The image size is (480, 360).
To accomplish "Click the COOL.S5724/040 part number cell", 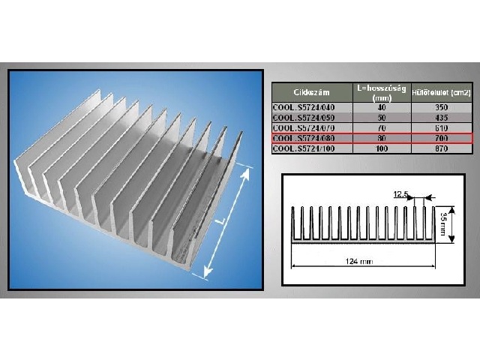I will tap(303, 108).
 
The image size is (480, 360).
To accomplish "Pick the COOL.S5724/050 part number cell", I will tap(303, 118).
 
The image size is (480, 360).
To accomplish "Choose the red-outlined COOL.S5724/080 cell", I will tap(303, 138).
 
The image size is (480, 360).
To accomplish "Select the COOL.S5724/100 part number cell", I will tap(303, 148).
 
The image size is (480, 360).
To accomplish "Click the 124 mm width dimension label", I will tap(361, 262).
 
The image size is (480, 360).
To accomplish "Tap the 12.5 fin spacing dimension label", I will tap(401, 194).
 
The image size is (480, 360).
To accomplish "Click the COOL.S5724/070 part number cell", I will tap(303, 128).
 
